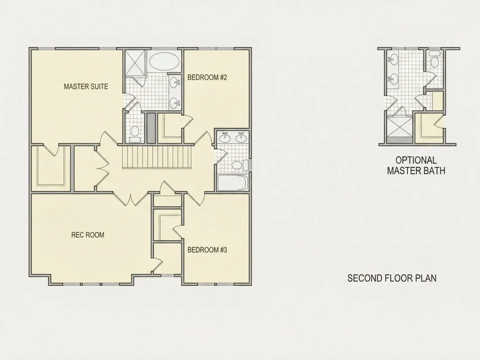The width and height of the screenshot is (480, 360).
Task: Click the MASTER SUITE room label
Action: (86, 87)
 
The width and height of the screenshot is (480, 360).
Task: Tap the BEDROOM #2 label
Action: (207, 77)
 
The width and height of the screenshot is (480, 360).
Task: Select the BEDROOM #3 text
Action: (207, 250)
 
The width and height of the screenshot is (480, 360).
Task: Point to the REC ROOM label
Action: (88, 235)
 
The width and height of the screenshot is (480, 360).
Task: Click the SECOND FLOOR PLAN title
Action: (392, 278)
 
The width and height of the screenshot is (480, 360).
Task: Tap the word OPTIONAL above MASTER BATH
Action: (416, 160)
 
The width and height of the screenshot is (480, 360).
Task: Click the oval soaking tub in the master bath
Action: (164, 62)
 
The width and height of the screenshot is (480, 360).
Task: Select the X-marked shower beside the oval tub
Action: (136, 63)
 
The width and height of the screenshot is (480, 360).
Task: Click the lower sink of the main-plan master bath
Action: (176, 102)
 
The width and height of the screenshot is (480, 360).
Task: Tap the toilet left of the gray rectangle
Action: (135, 134)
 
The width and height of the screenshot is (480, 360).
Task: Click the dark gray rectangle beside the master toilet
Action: (151, 128)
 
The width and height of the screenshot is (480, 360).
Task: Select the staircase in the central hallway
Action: (156, 157)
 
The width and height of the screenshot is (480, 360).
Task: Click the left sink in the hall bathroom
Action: (225, 137)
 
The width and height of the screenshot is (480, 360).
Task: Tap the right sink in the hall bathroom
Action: (241, 137)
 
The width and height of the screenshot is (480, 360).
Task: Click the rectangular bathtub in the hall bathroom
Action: (233, 183)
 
